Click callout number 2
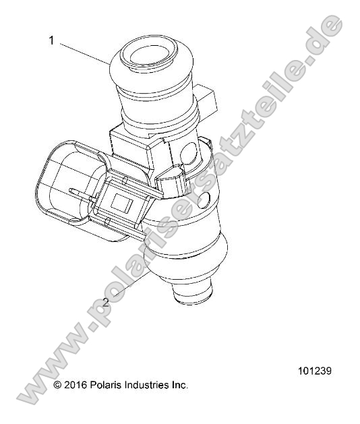[107, 302]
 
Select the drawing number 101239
[313, 371]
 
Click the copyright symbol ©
[57, 385]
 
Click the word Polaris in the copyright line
[106, 385]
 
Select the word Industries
[147, 385]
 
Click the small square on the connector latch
[121, 202]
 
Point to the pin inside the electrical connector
[84, 195]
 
